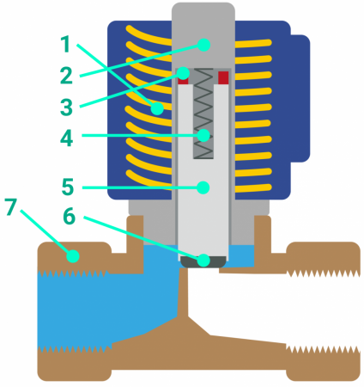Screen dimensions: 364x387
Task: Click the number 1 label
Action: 66,44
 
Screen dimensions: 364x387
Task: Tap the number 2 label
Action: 66,76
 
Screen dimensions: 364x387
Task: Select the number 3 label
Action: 66,107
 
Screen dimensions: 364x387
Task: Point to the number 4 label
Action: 67,138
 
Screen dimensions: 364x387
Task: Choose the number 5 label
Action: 68,187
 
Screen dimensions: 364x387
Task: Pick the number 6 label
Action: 70,216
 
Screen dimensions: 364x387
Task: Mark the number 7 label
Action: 11,206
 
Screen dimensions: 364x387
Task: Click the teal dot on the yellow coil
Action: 157,108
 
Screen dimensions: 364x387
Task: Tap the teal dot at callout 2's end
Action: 204,45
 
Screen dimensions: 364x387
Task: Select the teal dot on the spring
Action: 204,135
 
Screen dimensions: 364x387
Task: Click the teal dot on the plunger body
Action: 203,187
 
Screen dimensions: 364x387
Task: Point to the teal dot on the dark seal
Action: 203,260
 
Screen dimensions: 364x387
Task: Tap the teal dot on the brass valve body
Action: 73,256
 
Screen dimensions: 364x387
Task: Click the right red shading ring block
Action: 223,77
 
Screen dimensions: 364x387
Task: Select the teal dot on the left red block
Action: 183,73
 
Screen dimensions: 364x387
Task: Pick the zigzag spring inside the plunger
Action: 203,114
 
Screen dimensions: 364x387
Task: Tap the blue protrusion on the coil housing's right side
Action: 300,98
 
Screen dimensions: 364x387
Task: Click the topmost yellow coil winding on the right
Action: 253,43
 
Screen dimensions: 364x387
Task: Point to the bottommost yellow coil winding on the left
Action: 149,178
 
